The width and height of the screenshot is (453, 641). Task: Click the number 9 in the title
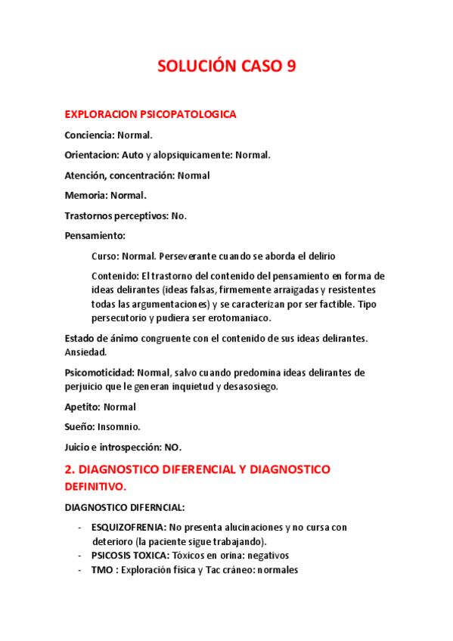click(291, 67)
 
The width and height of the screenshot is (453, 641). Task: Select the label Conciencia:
click(89, 135)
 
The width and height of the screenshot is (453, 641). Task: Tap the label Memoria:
click(85, 196)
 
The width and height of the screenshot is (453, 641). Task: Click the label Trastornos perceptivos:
click(116, 215)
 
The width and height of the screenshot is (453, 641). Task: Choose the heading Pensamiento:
click(95, 236)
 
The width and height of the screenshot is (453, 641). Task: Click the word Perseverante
click(191, 256)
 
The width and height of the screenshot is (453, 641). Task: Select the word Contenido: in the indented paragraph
click(115, 276)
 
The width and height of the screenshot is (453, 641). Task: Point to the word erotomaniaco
click(238, 317)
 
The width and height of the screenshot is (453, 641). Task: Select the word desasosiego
click(251, 386)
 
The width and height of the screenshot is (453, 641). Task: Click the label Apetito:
click(82, 407)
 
